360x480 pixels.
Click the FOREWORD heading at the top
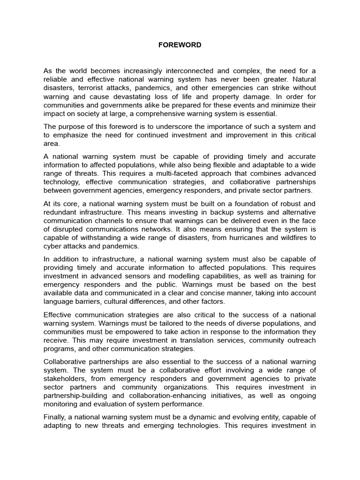point(180,45)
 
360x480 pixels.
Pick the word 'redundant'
point(60,212)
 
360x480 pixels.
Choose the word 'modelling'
point(182,276)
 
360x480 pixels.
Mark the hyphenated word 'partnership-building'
point(75,396)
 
